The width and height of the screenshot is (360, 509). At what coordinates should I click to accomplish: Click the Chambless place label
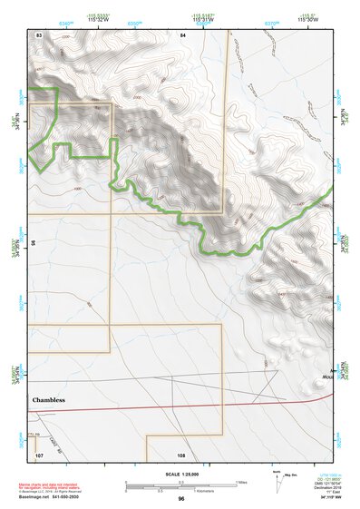pyautogui.click(x=50, y=399)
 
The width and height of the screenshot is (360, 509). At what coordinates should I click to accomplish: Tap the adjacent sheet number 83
pyautogui.click(x=39, y=34)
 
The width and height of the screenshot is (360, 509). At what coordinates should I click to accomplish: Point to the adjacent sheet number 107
pyautogui.click(x=39, y=454)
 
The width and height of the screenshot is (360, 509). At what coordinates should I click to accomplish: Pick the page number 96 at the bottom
pyautogui.click(x=181, y=499)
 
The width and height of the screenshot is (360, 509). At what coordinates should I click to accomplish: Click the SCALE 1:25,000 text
pyautogui.click(x=180, y=475)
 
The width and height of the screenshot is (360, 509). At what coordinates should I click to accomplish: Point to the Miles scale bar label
pyautogui.click(x=240, y=482)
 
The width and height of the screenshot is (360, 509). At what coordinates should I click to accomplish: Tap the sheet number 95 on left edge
pyautogui.click(x=34, y=243)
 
